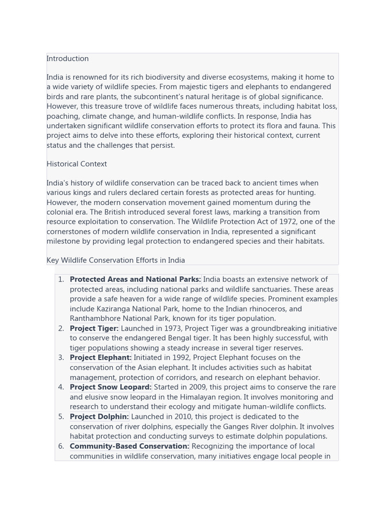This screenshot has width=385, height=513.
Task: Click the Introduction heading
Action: click(x=68, y=59)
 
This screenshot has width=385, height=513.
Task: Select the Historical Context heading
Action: click(x=77, y=164)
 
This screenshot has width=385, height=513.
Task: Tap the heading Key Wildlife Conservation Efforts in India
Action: click(x=116, y=260)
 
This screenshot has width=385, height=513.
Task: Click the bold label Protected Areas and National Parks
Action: click(x=135, y=280)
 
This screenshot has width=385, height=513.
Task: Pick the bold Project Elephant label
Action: click(x=100, y=358)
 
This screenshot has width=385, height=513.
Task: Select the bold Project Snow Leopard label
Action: click(x=110, y=387)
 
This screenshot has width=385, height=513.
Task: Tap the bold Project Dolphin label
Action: click(x=99, y=417)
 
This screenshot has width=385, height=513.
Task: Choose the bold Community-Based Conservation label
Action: click(x=129, y=446)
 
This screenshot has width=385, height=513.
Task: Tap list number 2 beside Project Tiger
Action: click(x=61, y=329)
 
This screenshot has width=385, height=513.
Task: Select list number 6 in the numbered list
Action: click(x=61, y=446)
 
